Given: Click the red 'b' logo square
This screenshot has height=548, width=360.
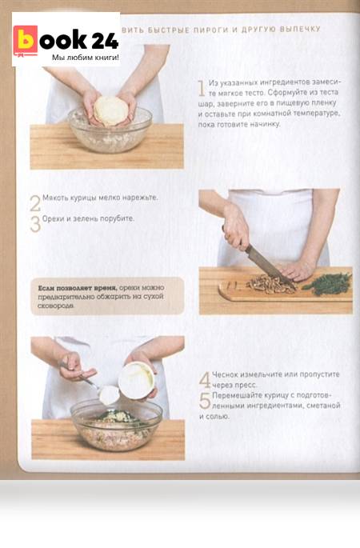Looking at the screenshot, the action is pyautogui.click(x=25, y=41).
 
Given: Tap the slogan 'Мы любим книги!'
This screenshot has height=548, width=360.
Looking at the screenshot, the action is pyautogui.click(x=86, y=58).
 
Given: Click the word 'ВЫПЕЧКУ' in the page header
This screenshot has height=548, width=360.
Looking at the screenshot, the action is pyautogui.click(x=300, y=29).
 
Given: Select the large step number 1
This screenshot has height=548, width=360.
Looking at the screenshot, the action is pyautogui.click(x=202, y=88).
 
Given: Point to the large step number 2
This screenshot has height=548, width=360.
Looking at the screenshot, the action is pyautogui.click(x=35, y=203).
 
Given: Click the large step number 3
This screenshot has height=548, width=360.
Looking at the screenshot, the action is pyautogui.click(x=35, y=224).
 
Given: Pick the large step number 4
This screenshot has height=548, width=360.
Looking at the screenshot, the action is pyautogui.click(x=205, y=380).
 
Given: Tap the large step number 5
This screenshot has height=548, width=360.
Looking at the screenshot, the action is pyautogui.click(x=205, y=401).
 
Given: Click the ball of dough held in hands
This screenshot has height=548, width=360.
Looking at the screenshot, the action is pyautogui.click(x=110, y=110).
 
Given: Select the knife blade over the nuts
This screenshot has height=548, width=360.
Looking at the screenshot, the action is pyautogui.click(x=270, y=266).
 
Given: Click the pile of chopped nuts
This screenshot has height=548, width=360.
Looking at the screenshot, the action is pyautogui.click(x=271, y=284).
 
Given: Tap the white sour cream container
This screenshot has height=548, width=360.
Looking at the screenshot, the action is pyautogui.click(x=136, y=380).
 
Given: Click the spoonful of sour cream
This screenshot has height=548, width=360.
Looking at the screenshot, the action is pyautogui.click(x=109, y=395).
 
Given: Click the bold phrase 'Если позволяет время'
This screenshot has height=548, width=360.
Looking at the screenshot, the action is pyautogui.click(x=77, y=288).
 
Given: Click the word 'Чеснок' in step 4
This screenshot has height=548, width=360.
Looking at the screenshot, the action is pyautogui.click(x=225, y=374).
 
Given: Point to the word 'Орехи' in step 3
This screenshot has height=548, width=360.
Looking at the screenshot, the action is pyautogui.click(x=53, y=218).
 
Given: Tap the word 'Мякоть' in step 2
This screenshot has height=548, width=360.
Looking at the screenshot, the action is pyautogui.click(x=55, y=198).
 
